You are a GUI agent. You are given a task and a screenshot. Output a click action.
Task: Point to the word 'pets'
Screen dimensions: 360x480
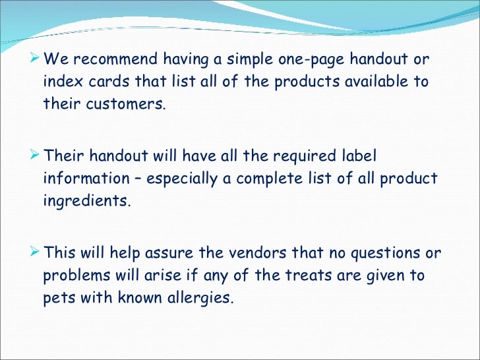coord(57,298)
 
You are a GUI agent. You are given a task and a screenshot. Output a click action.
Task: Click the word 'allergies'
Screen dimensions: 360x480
coord(200,298)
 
